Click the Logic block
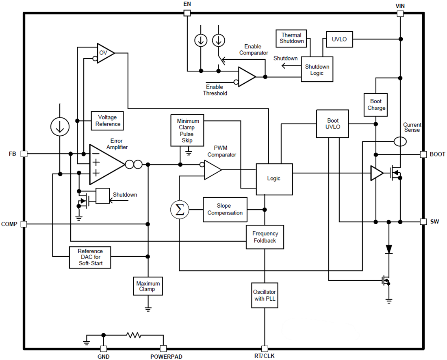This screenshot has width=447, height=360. [274, 179]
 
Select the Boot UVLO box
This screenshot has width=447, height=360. [332, 124]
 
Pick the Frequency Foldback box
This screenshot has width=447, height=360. [265, 237]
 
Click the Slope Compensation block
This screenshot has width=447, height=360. [225, 210]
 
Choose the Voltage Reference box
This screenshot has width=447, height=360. [106, 121]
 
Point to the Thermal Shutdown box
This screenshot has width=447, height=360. [292, 38]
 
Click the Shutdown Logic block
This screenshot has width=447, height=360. [317, 70]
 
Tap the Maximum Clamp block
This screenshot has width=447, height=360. [148, 286]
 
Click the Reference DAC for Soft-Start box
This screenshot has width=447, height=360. [90, 257]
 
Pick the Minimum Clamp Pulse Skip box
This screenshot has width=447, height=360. [187, 130]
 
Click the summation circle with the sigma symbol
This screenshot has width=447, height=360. [180, 210]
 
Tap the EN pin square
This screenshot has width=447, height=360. [187, 13]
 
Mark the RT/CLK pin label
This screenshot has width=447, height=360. [265, 356]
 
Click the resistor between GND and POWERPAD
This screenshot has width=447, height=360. [133, 335]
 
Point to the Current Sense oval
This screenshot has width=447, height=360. [400, 141]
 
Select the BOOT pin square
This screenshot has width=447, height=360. [423, 154]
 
